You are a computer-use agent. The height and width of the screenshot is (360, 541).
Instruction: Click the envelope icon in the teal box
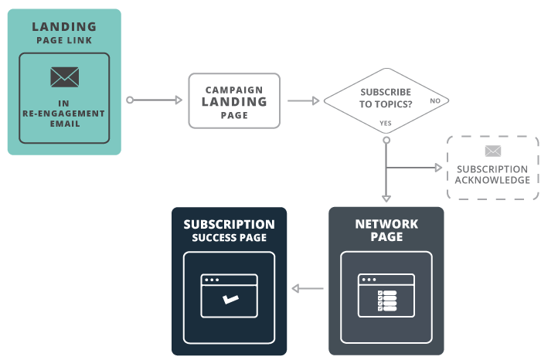[x=64, y=77]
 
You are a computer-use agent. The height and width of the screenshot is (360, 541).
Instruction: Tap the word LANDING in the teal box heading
[x=64, y=27]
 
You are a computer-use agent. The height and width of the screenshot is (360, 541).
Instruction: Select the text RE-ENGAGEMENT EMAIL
[x=64, y=118]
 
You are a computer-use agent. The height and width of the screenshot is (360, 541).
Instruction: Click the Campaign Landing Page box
[x=234, y=100]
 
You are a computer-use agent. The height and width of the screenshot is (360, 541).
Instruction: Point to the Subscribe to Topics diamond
[x=386, y=100]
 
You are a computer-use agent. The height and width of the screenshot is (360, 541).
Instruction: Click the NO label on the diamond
[x=435, y=101]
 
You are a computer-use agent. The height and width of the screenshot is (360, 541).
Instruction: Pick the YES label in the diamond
[x=386, y=123]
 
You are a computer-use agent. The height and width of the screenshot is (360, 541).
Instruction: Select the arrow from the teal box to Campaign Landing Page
[x=155, y=100]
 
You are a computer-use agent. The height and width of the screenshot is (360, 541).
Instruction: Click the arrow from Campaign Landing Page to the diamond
[x=303, y=100]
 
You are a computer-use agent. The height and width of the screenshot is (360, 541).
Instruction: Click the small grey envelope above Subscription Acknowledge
[x=492, y=151]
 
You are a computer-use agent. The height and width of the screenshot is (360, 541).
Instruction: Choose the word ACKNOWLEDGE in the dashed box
[x=492, y=180]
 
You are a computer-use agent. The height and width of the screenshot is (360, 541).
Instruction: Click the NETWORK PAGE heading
[x=386, y=230]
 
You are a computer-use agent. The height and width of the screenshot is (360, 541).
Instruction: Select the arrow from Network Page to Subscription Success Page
[x=308, y=289]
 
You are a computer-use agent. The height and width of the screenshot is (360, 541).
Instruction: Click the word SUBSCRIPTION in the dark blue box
[x=229, y=225]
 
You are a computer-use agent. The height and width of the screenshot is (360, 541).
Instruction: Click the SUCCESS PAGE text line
[x=229, y=238]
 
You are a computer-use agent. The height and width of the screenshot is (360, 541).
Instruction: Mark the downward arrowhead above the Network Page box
[x=386, y=198]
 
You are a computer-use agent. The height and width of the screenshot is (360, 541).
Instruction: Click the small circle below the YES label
[x=386, y=139]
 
